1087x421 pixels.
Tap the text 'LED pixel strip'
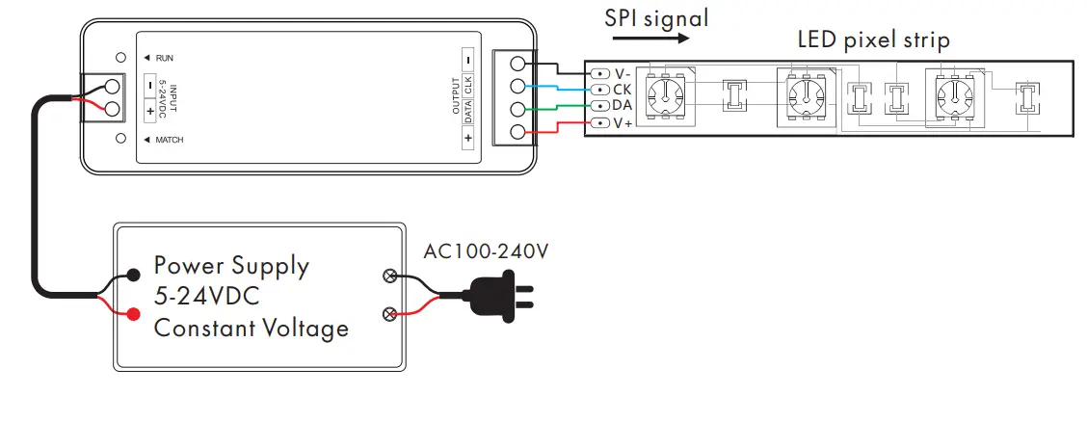(874, 39)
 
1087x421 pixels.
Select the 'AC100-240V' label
(486, 252)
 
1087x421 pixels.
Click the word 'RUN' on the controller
(165, 58)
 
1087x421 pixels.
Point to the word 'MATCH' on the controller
(170, 141)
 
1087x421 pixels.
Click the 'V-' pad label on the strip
(623, 73)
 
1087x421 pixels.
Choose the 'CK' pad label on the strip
(622, 89)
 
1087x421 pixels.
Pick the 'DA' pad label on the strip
(622, 104)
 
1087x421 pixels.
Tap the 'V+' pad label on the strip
(623, 122)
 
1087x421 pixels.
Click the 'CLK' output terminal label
(467, 85)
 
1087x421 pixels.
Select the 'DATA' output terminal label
(467, 112)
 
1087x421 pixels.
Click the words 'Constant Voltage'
(252, 328)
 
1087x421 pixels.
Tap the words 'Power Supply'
(232, 265)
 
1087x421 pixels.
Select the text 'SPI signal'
(657, 16)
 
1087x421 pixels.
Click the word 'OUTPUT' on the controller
(456, 95)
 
